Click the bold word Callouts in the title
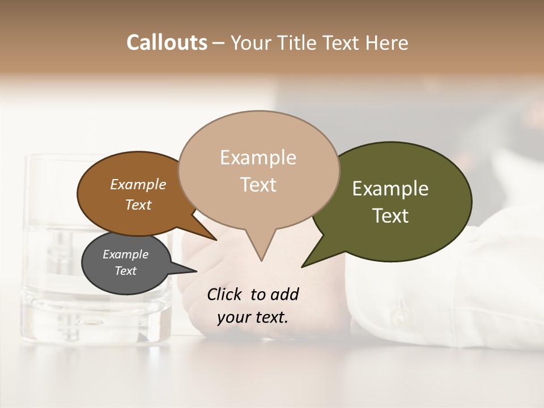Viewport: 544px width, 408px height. pyautogui.click(x=167, y=42)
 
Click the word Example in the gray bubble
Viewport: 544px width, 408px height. pyautogui.click(x=125, y=254)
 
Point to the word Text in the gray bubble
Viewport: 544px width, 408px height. pyautogui.click(x=125, y=271)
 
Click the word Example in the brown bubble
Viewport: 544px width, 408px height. pyautogui.click(x=138, y=184)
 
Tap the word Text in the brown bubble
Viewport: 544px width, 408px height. pyautogui.click(x=138, y=205)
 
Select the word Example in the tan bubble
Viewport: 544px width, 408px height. pyautogui.click(x=258, y=157)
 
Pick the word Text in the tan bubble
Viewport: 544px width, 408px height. pyautogui.click(x=258, y=184)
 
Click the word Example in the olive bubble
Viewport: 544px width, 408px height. pyautogui.click(x=390, y=189)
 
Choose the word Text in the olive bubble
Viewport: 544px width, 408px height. pyautogui.click(x=390, y=215)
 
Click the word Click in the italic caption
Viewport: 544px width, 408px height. pyautogui.click(x=226, y=294)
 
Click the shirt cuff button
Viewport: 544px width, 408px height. pyautogui.click(x=401, y=313)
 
